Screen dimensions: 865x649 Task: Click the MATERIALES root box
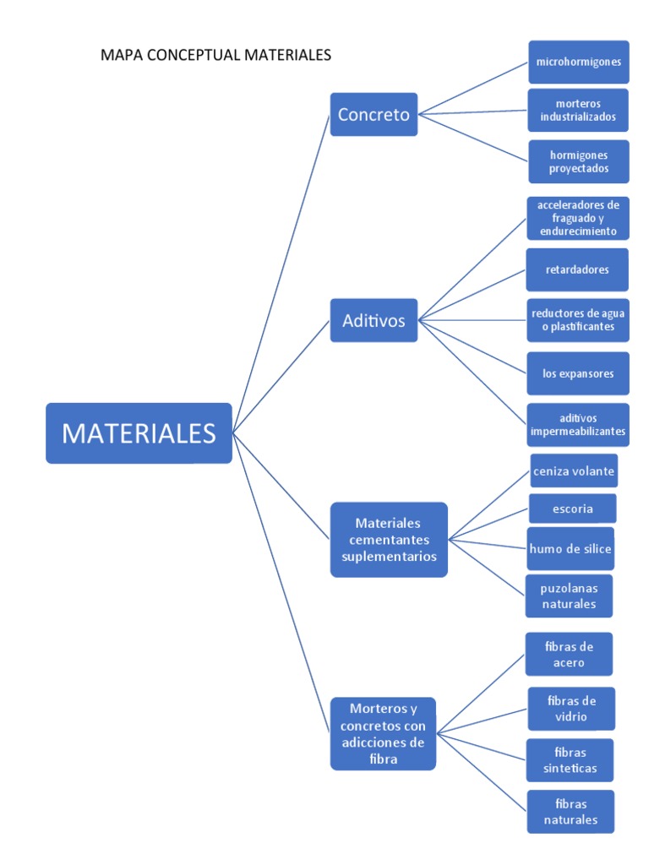pyautogui.click(x=139, y=433)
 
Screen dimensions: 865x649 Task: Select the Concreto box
pyautogui.click(x=374, y=114)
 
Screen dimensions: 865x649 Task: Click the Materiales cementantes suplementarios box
pyautogui.click(x=388, y=540)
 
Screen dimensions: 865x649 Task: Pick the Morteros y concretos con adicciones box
pyautogui.click(x=383, y=733)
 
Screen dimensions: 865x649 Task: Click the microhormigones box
pyautogui.click(x=578, y=62)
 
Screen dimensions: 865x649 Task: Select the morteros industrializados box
pyautogui.click(x=578, y=110)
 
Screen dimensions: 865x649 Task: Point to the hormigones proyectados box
pyautogui.click(x=578, y=161)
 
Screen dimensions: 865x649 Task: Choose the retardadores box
pyautogui.click(x=577, y=269)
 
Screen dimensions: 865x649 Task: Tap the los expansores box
pyautogui.click(x=578, y=373)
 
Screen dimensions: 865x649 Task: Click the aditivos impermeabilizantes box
pyautogui.click(x=578, y=424)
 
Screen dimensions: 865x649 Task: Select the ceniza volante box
pyautogui.click(x=574, y=471)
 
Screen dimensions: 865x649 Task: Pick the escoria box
pyautogui.click(x=572, y=509)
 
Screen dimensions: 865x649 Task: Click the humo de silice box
pyautogui.click(x=570, y=549)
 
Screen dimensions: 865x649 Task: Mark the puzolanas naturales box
pyautogui.click(x=568, y=596)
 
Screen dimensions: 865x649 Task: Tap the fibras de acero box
pyautogui.click(x=569, y=655)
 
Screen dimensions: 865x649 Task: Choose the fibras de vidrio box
pyautogui.click(x=571, y=709)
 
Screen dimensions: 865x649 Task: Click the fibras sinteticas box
pyautogui.click(x=570, y=760)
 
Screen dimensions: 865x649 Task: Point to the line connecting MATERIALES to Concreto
pyautogui.click(x=281, y=273)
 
